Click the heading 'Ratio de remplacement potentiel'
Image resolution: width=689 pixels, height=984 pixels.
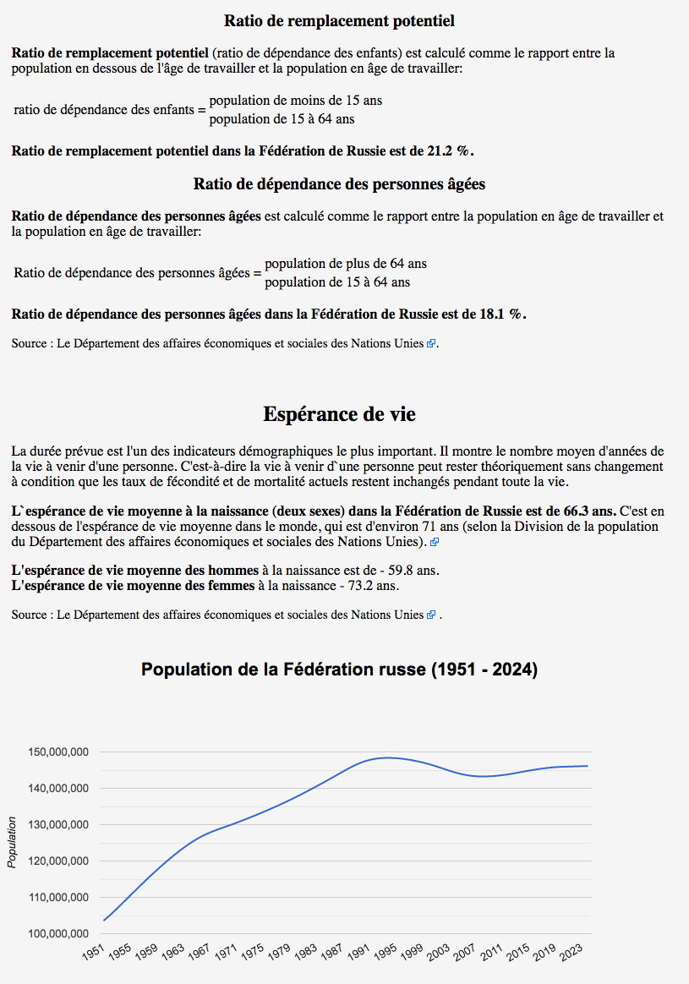coord(339,20)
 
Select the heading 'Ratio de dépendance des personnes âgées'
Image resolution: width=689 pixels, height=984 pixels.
coord(339,183)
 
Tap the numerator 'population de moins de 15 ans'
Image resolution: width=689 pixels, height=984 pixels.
coord(295,101)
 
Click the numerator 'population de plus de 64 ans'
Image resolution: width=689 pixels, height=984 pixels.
coord(346,264)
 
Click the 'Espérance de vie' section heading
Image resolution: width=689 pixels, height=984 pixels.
coord(339,414)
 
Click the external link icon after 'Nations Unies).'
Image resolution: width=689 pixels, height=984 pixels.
coord(435,542)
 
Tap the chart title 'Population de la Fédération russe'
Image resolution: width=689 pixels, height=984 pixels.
coord(339,670)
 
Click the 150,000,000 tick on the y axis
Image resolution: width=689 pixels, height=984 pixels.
coord(59,752)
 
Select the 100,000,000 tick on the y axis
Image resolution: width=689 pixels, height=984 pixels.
coord(59,933)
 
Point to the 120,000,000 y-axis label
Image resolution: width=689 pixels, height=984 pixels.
coord(59,861)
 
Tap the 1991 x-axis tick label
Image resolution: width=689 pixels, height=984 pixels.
coord(359,953)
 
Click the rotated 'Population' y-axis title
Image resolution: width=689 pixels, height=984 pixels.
coord(12,842)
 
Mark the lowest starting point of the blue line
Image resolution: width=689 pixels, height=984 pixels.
coord(105,920)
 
